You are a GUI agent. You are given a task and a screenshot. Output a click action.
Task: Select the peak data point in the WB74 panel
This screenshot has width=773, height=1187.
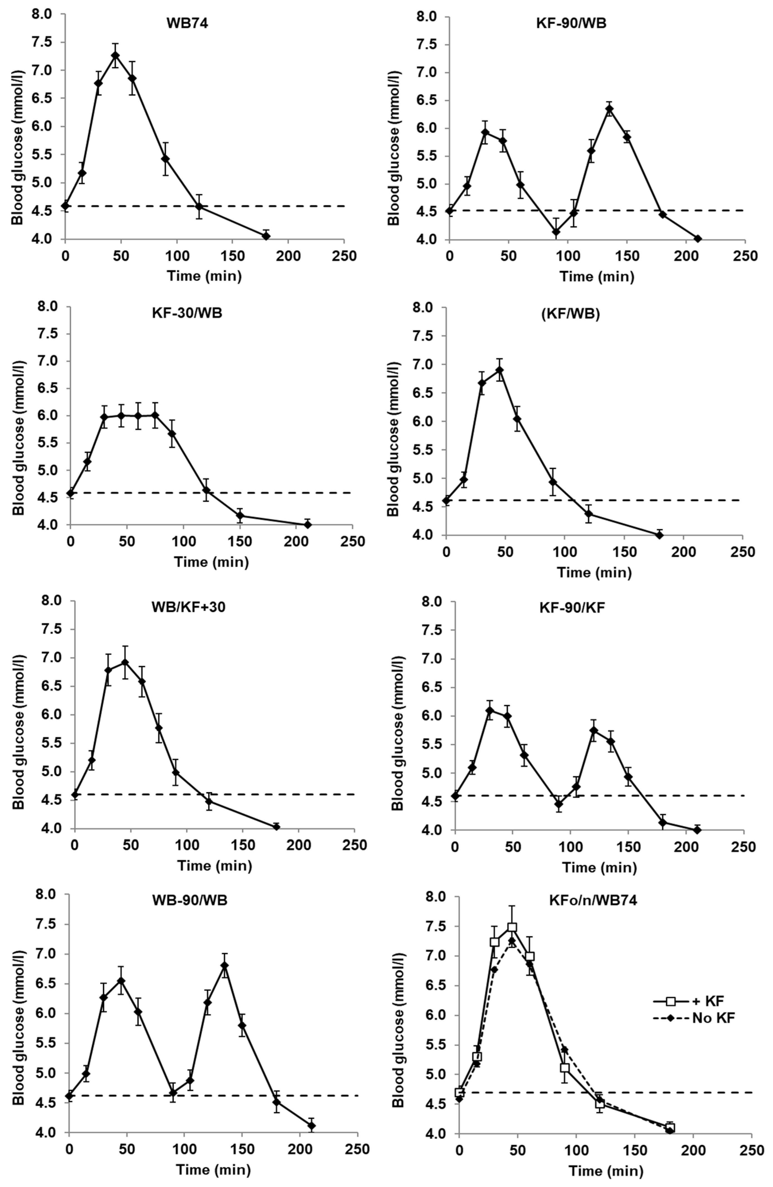pyautogui.click(x=115, y=55)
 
